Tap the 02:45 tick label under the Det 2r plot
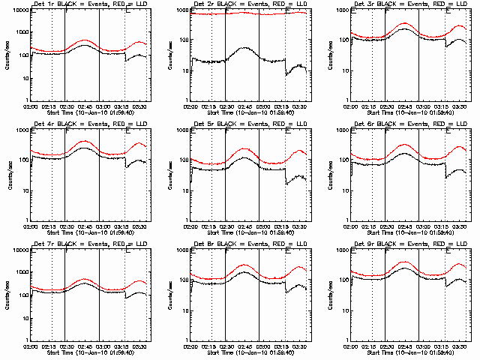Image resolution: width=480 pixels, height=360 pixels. coord(245,104)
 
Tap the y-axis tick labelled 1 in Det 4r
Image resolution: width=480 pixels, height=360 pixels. coord(25,220)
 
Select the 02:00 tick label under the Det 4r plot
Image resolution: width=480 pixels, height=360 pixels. coord(30,224)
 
